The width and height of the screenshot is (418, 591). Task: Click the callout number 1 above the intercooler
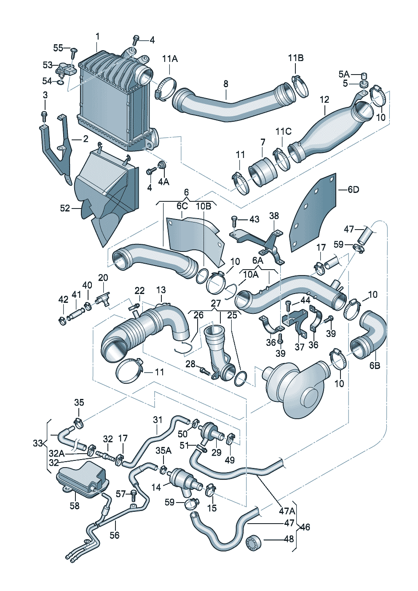pos(98,36)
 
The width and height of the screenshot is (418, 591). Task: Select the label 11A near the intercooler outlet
pos(170,59)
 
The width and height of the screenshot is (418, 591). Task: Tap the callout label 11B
pos(295,58)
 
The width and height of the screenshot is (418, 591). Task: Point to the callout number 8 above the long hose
pos(225,84)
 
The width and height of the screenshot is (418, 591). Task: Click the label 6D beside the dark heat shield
pos(353,190)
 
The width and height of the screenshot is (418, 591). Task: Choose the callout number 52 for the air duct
pos(65,209)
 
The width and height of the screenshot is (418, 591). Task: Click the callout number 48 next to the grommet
pos(289,538)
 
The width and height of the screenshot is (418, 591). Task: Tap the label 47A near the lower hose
pos(287,511)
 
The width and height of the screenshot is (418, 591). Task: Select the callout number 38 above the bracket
pos(273,216)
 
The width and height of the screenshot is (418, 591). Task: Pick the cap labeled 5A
pos(364,75)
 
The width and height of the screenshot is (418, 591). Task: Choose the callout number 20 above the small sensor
pos(103,278)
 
